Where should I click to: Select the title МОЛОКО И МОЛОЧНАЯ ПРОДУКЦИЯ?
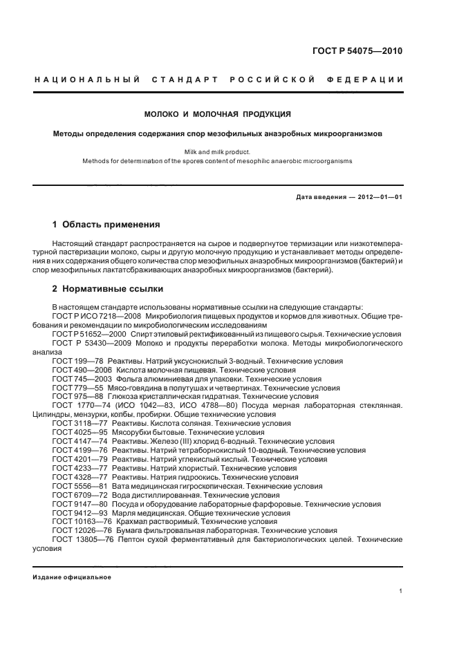click(217, 113)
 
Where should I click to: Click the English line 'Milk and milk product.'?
click(217, 151)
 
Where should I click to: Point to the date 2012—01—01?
click(380, 197)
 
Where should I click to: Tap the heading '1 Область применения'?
click(106, 225)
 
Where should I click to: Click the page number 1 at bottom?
click(401, 591)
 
